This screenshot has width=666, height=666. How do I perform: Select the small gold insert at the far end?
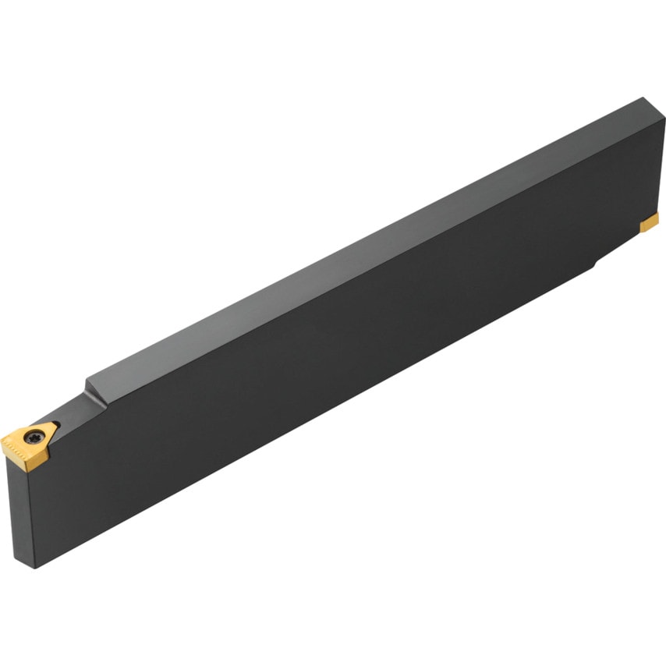point(649,225)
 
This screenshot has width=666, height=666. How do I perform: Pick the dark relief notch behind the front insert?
point(57,426)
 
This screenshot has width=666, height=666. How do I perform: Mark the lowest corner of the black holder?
point(34,568)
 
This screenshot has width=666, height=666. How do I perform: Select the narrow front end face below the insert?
point(20,507)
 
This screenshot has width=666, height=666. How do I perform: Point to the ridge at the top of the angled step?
point(88,380)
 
